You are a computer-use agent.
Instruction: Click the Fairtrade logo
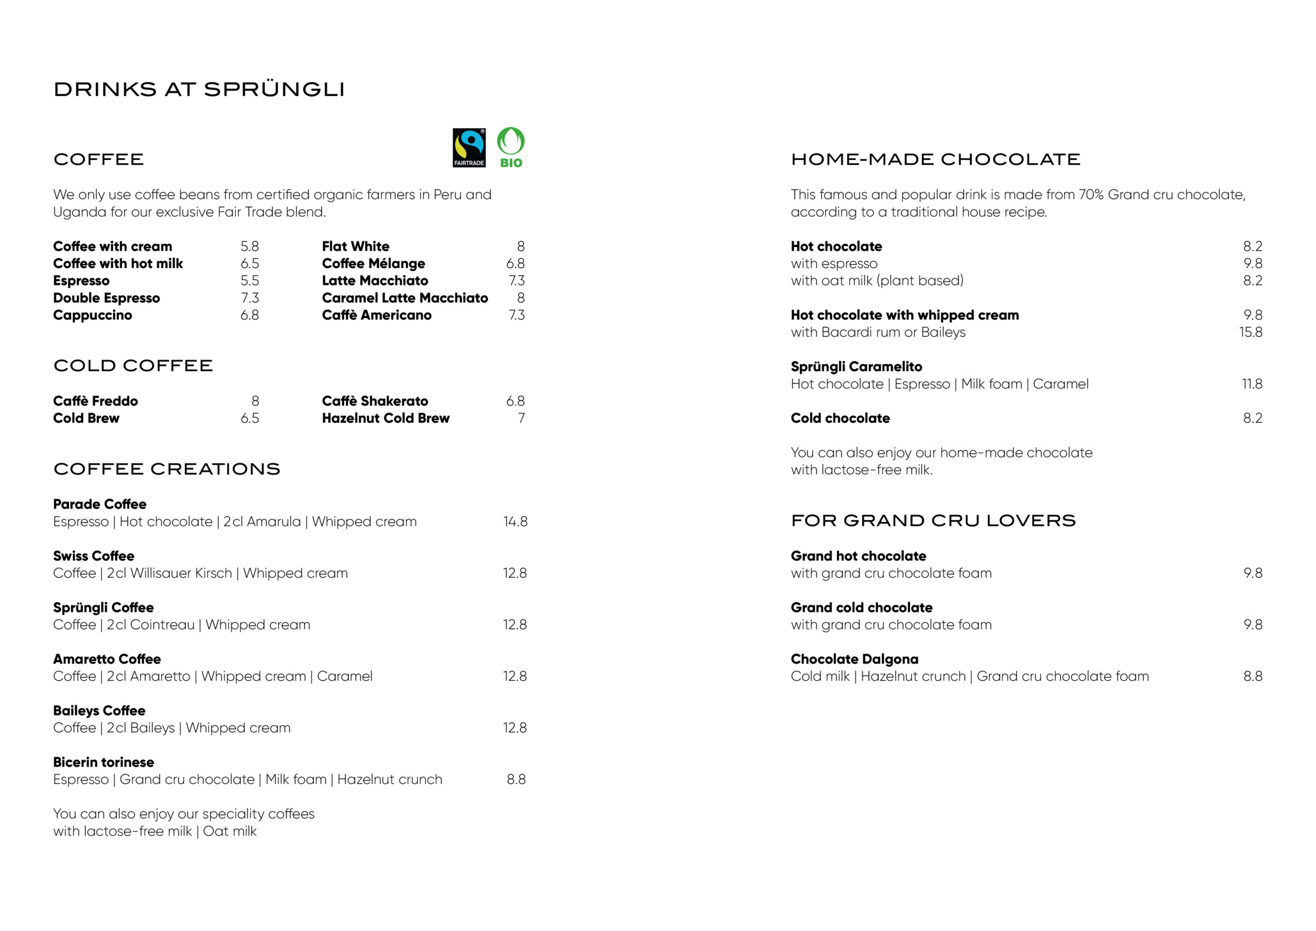(x=469, y=148)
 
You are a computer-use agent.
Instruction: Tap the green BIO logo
(x=511, y=148)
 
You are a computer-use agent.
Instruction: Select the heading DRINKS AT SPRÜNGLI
(x=199, y=90)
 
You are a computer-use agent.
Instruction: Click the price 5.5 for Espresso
(x=249, y=281)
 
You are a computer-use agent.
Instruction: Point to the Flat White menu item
(x=356, y=246)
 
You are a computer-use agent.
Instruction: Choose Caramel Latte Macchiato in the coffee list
(x=405, y=298)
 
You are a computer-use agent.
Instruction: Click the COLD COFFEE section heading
(x=133, y=366)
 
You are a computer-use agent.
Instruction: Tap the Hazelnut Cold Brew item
(x=386, y=418)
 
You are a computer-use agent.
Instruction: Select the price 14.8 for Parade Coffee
(x=515, y=522)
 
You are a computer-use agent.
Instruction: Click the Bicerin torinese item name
(x=104, y=762)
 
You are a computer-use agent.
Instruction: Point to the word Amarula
(x=274, y=522)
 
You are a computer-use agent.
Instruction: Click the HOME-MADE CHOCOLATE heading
(x=935, y=159)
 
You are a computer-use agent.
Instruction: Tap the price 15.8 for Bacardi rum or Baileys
(x=1250, y=333)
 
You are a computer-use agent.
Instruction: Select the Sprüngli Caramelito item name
(x=856, y=367)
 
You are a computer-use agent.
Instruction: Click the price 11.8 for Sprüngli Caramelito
(x=1251, y=384)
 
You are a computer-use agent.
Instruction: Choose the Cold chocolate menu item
(x=840, y=418)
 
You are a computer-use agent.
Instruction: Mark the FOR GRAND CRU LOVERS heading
(x=933, y=521)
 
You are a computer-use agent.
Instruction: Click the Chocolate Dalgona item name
(x=854, y=659)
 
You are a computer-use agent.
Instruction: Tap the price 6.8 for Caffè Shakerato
(x=515, y=401)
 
